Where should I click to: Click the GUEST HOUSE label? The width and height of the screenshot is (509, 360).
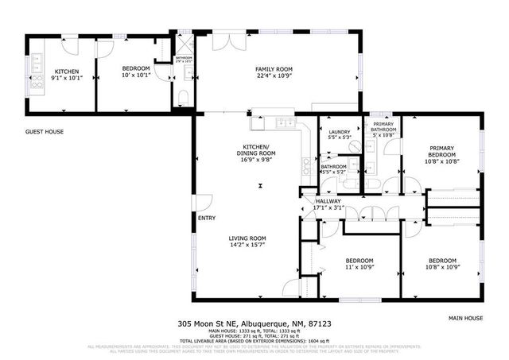[45, 132]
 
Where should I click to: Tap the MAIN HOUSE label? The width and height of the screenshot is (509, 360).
[465, 317]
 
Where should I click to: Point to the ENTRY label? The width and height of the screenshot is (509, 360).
[207, 219]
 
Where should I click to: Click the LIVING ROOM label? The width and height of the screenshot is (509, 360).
[247, 238]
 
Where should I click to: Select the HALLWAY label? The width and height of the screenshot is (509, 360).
[328, 201]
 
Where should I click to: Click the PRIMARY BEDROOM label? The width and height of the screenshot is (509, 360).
[442, 151]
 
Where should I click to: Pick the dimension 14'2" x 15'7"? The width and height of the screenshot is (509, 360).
[247, 246]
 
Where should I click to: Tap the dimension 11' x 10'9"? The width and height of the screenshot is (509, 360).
[359, 268]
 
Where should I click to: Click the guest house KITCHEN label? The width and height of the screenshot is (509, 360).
[44, 71]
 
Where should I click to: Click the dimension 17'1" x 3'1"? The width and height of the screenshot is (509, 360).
[328, 208]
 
